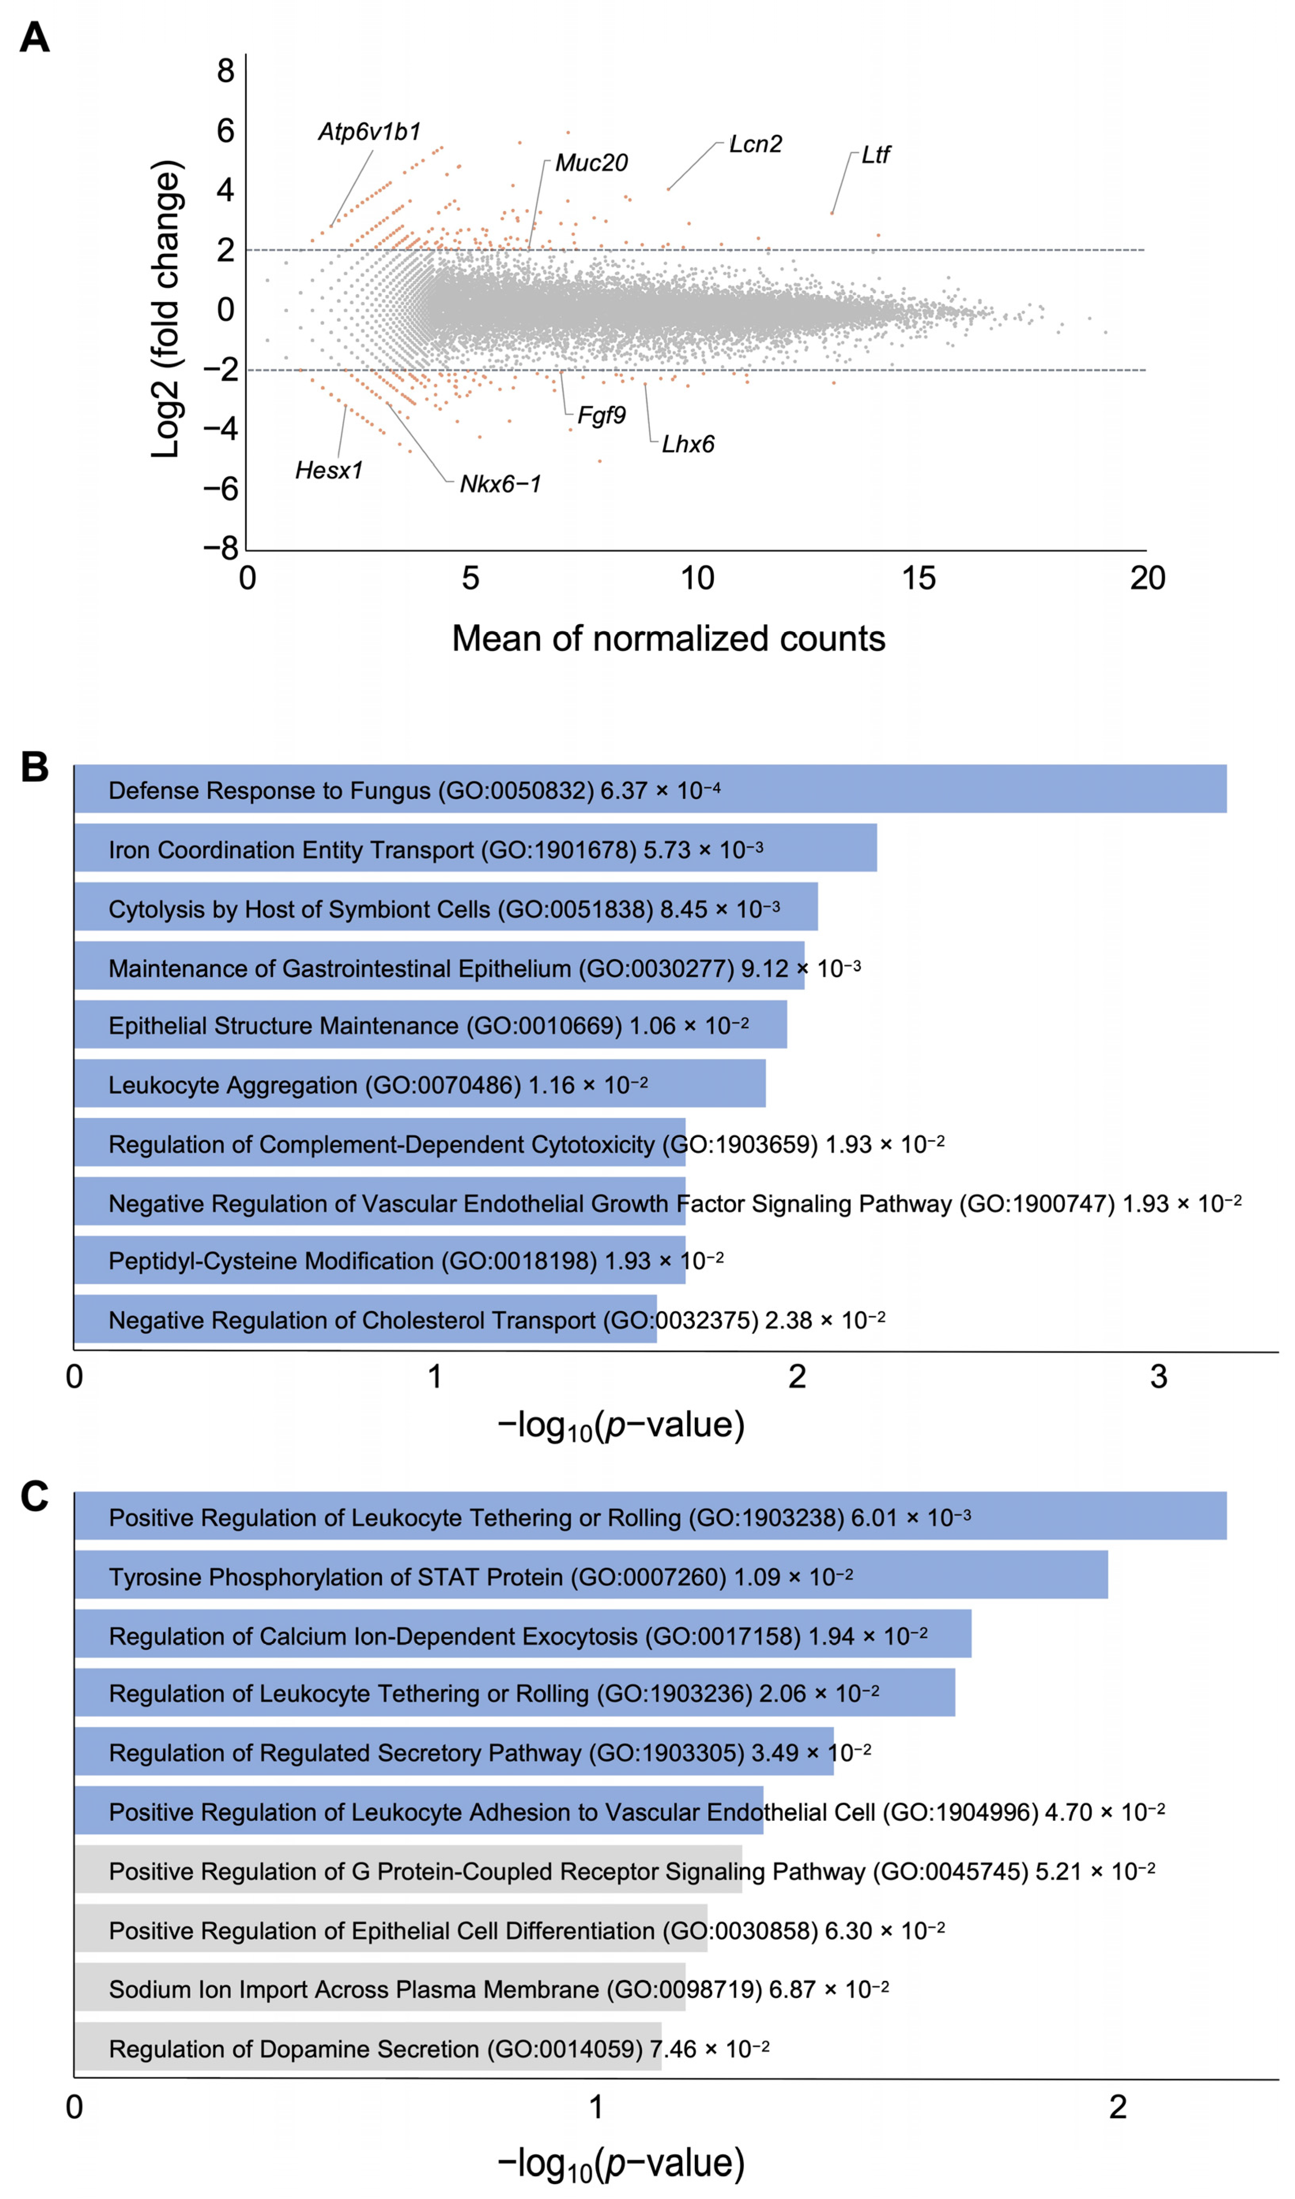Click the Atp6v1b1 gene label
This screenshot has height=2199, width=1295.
pyautogui.click(x=369, y=132)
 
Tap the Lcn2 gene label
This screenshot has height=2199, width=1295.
pyautogui.click(x=756, y=144)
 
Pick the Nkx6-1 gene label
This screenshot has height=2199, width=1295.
pyautogui.click(x=500, y=484)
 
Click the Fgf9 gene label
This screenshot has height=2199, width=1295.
pyautogui.click(x=601, y=415)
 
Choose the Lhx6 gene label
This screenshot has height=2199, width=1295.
pyautogui.click(x=688, y=444)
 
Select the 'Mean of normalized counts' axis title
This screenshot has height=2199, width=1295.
pyautogui.click(x=668, y=639)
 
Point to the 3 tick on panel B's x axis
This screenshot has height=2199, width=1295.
pyautogui.click(x=1158, y=1377)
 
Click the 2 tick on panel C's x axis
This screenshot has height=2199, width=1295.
pyautogui.click(x=1118, y=2107)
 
